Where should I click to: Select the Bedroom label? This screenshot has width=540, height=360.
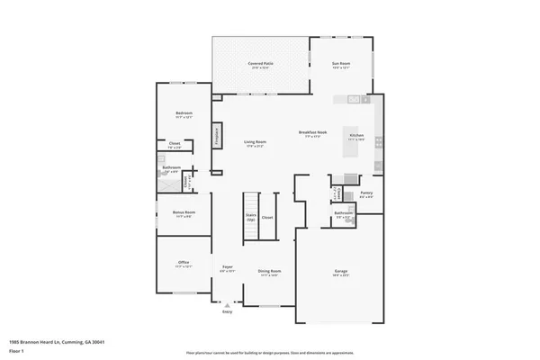[184, 113]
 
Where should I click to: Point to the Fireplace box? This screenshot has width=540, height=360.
[217, 135]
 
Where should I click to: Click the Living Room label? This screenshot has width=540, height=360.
[255, 141]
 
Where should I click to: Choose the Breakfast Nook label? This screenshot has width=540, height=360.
[312, 132]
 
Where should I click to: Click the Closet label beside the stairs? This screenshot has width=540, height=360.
[268, 217]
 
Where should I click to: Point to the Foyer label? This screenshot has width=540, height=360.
[228, 267]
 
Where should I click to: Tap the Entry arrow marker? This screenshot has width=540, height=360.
[227, 306]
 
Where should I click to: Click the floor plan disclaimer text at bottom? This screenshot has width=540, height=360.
[270, 352]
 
